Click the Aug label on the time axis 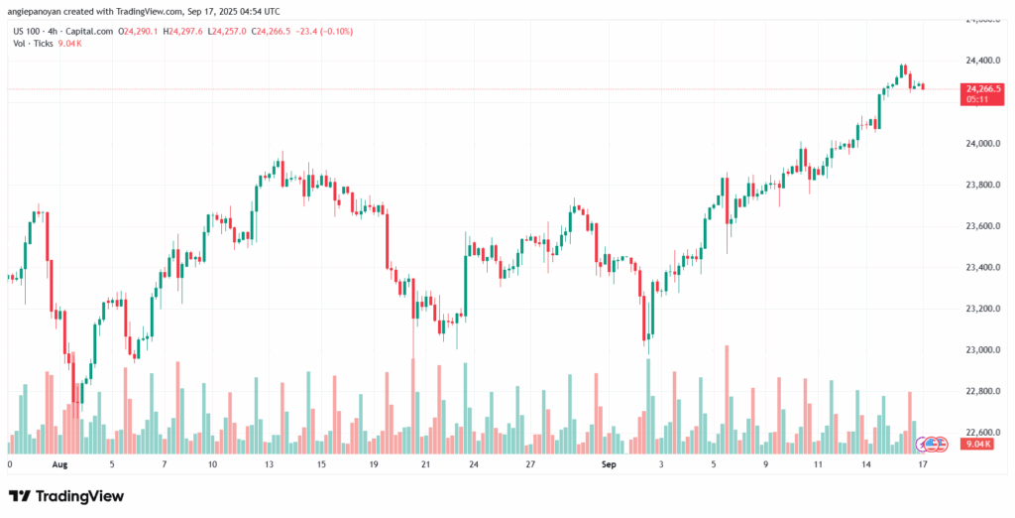[x=59, y=464]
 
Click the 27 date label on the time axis [x=531, y=464]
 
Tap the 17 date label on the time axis [x=922, y=464]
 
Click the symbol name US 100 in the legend [x=27, y=31]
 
